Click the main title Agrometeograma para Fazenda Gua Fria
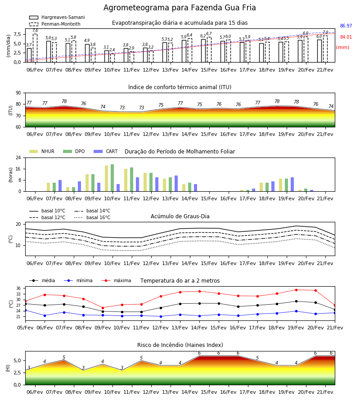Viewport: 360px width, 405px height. (180, 8)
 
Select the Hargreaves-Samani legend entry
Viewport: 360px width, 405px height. (57, 17)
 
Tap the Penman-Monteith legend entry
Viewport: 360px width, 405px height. (55, 24)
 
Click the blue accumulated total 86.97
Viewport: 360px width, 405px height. (346, 26)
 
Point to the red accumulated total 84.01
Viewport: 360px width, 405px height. (346, 37)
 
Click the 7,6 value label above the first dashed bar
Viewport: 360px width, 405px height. (35, 31)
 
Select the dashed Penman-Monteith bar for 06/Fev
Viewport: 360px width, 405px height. (35, 48)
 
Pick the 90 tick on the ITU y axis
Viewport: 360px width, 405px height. (18, 93)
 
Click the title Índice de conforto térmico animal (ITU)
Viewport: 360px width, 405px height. (180, 87)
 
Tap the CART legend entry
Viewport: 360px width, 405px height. (105, 151)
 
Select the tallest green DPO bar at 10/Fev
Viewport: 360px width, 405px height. (112, 178)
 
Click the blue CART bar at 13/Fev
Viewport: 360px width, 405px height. (176, 184)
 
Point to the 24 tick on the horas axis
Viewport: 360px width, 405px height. (18, 158)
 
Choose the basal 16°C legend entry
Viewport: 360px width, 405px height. (92, 217)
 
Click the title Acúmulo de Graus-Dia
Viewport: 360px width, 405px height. (180, 216)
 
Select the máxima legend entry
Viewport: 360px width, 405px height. (116, 280)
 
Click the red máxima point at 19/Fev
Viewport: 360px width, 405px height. (296, 290)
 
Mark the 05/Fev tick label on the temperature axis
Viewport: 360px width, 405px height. (25, 328)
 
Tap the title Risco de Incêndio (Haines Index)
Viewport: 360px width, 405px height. (180, 345)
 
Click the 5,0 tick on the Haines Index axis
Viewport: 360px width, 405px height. (17, 360)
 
